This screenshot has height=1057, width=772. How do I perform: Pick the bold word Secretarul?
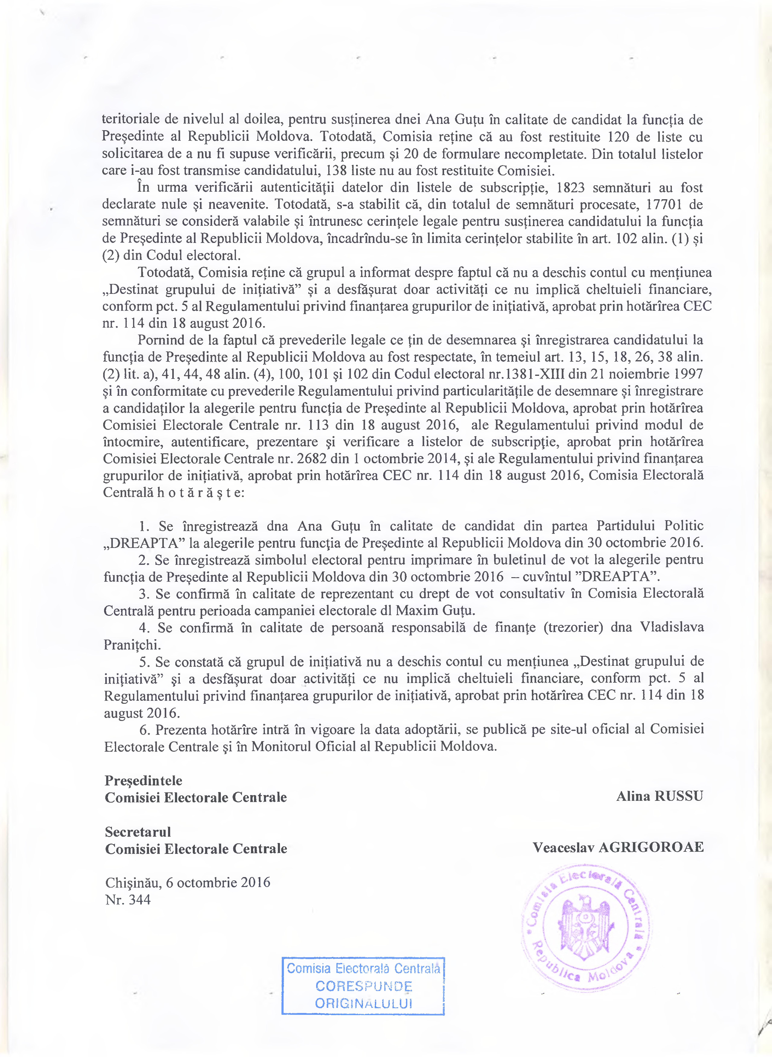pos(138,832)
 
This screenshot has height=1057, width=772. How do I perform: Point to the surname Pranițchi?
pos(132,645)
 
